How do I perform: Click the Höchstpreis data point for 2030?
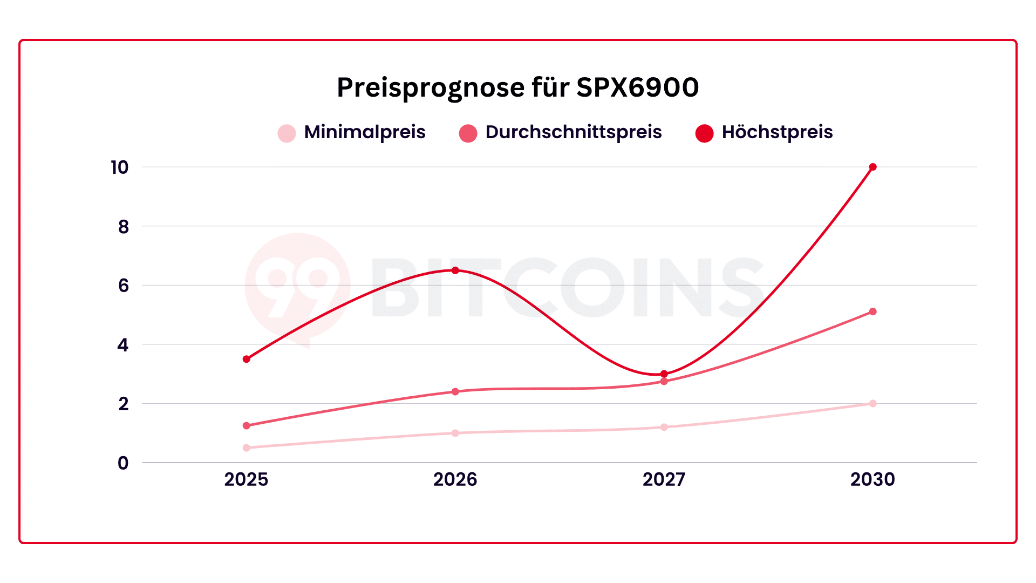pyautogui.click(x=873, y=167)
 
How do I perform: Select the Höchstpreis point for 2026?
pyautogui.click(x=455, y=270)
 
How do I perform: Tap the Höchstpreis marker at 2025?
pyautogui.click(x=247, y=359)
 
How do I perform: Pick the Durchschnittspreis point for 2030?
pyautogui.click(x=873, y=311)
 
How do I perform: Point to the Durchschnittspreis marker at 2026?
pyautogui.click(x=455, y=391)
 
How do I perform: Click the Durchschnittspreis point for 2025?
pyautogui.click(x=247, y=426)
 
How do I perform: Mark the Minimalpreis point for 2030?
pyautogui.click(x=873, y=403)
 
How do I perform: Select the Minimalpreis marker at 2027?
pyautogui.click(x=664, y=427)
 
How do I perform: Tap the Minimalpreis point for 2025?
pyautogui.click(x=247, y=448)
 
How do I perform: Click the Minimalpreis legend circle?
pyautogui.click(x=287, y=133)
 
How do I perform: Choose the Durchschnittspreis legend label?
pyautogui.click(x=573, y=132)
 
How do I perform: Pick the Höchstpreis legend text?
pyautogui.click(x=777, y=132)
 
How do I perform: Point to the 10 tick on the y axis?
pyautogui.click(x=120, y=168)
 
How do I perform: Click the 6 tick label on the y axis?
pyautogui.click(x=124, y=286)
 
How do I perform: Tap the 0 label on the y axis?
pyautogui.click(x=124, y=463)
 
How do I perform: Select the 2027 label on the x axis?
pyautogui.click(x=664, y=479)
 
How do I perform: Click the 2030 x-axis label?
pyautogui.click(x=873, y=479)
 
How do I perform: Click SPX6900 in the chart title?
pyautogui.click(x=637, y=87)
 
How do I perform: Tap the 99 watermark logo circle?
pyautogui.click(x=297, y=286)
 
